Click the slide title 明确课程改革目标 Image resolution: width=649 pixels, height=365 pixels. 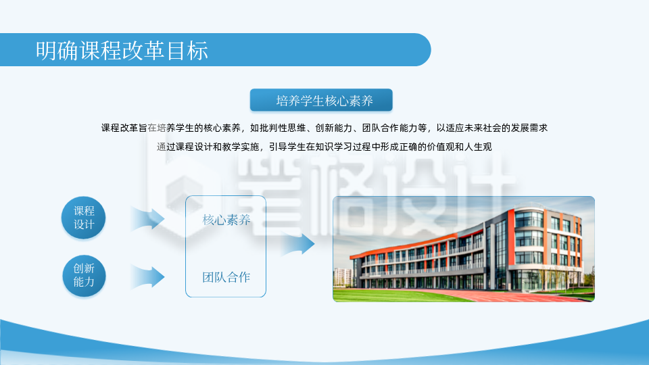pos(122,51)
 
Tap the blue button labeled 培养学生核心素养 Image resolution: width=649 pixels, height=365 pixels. pos(321,101)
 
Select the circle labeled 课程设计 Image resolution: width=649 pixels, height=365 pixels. pos(84,218)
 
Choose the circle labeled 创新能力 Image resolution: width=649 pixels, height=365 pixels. pos(84,275)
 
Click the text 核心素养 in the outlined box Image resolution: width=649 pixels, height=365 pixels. pos(226,220)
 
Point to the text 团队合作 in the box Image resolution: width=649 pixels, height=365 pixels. pos(226,276)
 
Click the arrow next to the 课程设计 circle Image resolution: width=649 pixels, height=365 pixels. pos(147,218)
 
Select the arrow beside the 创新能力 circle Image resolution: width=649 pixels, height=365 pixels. pos(147,276)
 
